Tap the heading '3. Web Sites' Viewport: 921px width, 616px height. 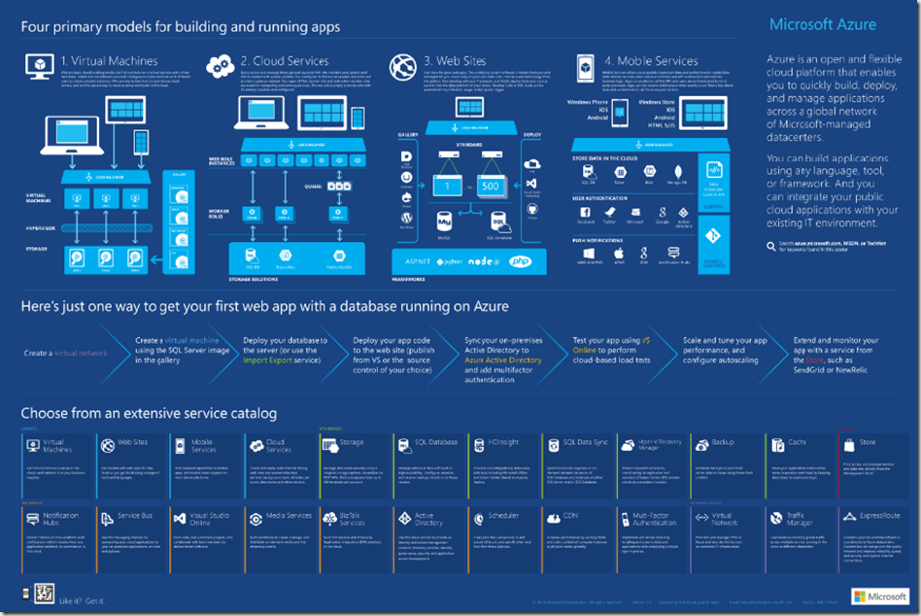[456, 60]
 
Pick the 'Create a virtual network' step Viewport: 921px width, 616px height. [65, 353]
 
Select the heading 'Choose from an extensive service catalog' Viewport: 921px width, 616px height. [149, 414]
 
